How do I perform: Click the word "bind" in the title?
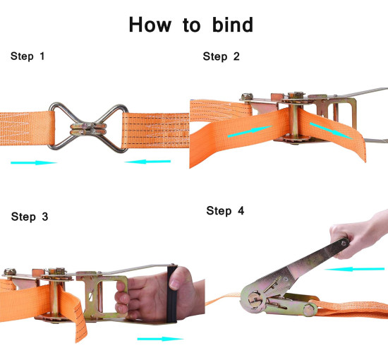pos(233,25)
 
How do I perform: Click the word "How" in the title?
pos(150,25)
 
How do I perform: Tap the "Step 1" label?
pos(28,56)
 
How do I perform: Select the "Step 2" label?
pos(222,56)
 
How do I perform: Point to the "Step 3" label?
pos(30,217)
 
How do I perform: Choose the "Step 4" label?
pos(225,210)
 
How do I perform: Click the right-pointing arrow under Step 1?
pos(34,162)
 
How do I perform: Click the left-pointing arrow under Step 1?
pos(147,162)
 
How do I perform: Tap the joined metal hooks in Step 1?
pos(88,127)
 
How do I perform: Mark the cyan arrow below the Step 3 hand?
pos(160,339)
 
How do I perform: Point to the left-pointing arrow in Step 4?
pos(354,269)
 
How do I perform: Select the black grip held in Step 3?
pos(172,294)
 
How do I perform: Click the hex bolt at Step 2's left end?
pos(247,96)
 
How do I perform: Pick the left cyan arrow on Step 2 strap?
pos(250,131)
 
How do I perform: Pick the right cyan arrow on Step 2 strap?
pos(331,131)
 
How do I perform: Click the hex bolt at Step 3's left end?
pos(10,272)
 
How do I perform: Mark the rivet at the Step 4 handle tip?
pos(344,243)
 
